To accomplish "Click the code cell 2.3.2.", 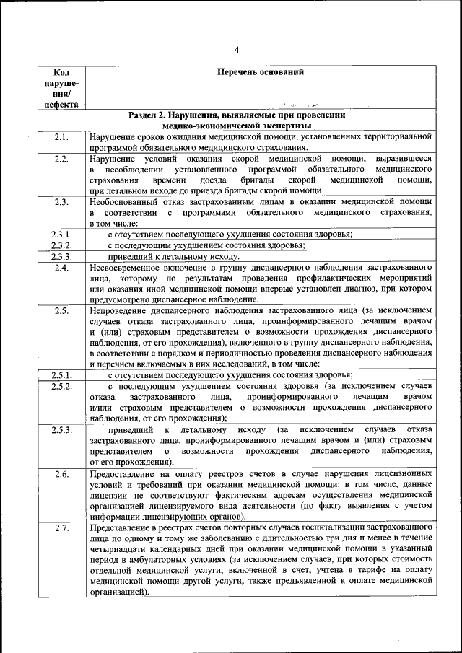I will (61, 245).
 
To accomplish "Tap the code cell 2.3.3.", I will (61, 256).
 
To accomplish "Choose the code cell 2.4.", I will (61, 268).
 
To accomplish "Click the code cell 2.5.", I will (61, 311).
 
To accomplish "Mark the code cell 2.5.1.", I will (61, 374).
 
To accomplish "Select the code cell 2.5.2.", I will (61, 387).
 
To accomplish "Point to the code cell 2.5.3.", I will (61, 430).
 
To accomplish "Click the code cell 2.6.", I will (61, 474).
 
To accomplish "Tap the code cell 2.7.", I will (61, 528).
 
